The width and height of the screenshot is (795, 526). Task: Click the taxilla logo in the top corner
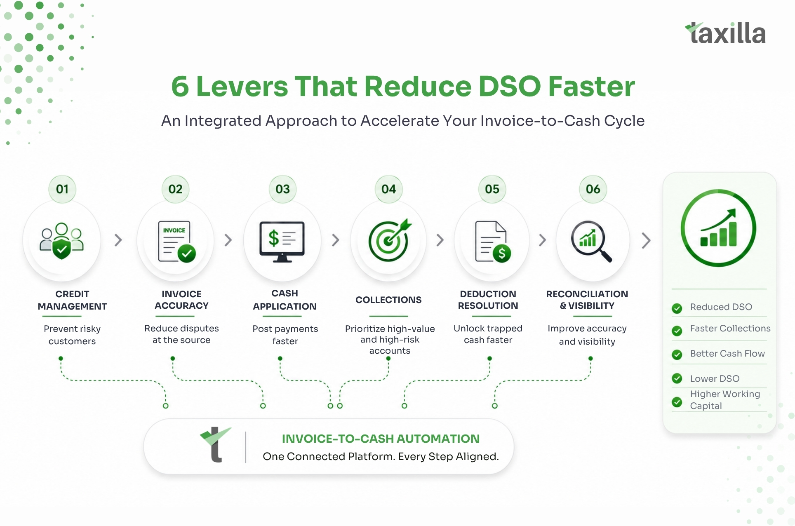(x=725, y=33)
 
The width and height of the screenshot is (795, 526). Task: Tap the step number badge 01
(x=62, y=189)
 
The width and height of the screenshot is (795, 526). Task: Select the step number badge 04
(x=389, y=189)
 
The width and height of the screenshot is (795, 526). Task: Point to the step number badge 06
(x=593, y=189)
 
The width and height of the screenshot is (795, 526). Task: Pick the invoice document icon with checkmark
(x=177, y=242)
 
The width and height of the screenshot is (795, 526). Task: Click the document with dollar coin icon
(x=493, y=242)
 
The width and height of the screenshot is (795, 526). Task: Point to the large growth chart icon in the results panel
(x=718, y=228)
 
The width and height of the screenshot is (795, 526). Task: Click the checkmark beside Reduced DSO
(x=677, y=308)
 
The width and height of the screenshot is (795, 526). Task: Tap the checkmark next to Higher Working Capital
(x=677, y=402)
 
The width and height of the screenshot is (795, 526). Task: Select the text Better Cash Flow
(x=727, y=354)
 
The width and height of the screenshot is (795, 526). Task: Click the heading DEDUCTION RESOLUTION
(x=488, y=300)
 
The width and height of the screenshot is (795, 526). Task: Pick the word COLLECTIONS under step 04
(x=388, y=300)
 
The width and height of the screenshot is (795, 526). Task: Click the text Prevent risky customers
(x=72, y=335)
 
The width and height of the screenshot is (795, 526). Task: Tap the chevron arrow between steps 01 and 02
(x=118, y=240)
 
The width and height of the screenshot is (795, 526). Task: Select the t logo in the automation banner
(x=215, y=444)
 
